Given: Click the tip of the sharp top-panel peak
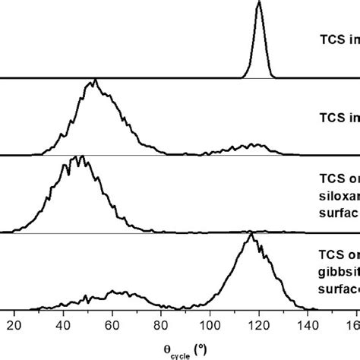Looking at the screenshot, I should [x=259, y=3].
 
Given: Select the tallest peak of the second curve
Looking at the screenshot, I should [x=93, y=81].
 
